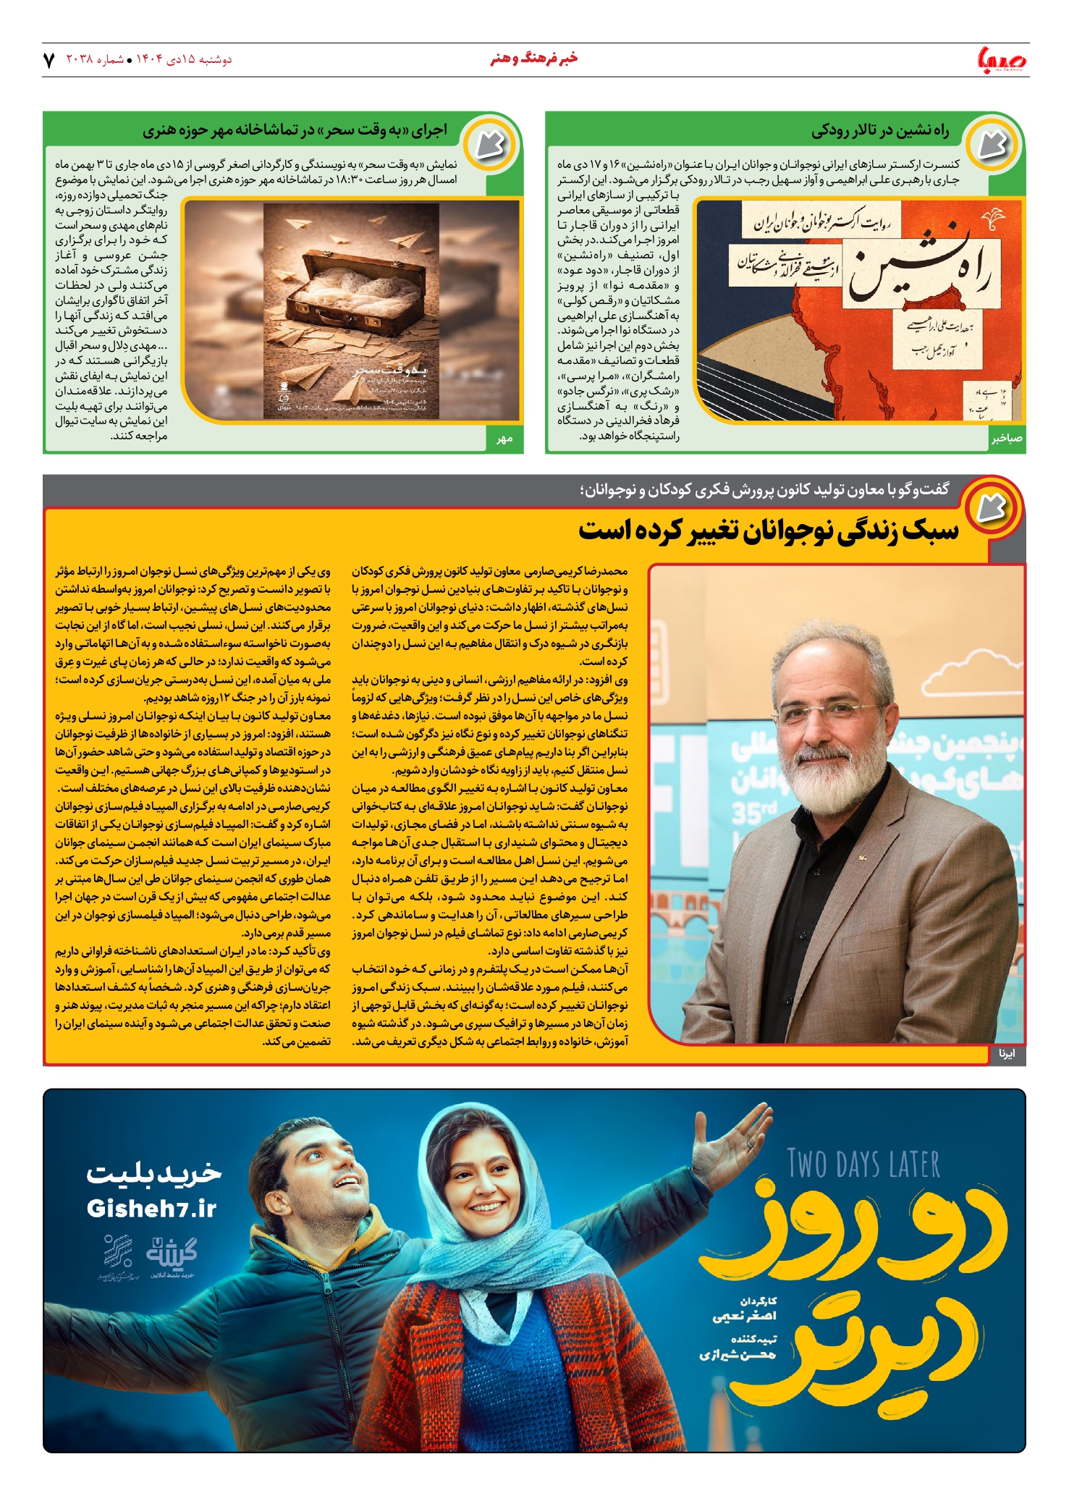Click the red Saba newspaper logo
[1002, 59]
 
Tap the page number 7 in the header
[48, 60]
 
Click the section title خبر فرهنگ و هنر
[534, 59]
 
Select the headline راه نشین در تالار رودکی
[879, 131]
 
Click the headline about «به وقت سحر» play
[295, 131]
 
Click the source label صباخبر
[1007, 439]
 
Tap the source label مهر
[504, 439]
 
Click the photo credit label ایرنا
[1007, 1054]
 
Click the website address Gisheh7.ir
[151, 1209]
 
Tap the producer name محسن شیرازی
[738, 1354]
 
